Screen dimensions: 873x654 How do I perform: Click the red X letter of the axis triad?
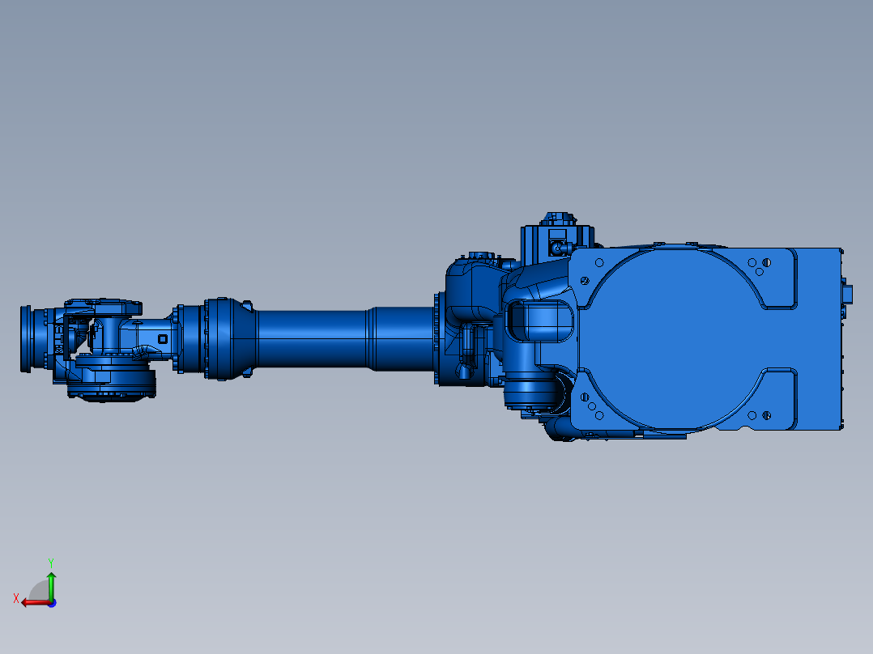tap(16, 599)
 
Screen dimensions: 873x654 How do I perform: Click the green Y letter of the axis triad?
tap(51, 563)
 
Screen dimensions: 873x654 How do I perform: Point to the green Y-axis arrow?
tap(51, 585)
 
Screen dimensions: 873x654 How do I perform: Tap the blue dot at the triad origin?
tap(52, 603)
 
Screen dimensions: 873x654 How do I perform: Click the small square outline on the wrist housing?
tap(163, 339)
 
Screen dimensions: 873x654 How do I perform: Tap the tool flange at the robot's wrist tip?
tap(26, 338)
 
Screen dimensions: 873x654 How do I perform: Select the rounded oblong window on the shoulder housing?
tap(539, 321)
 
